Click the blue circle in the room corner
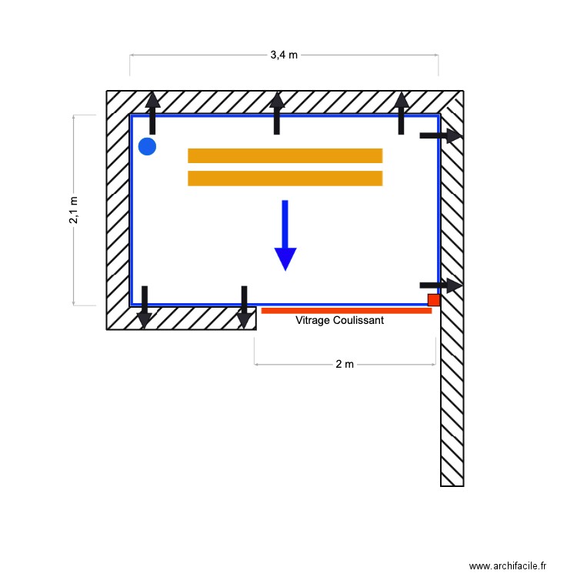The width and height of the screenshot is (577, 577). coord(147,146)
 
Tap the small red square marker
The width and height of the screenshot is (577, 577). coord(434,300)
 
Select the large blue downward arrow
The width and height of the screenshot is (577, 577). coord(285,235)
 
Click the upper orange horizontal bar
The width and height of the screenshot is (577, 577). coord(285,155)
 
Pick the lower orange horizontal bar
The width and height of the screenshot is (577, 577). coord(285,178)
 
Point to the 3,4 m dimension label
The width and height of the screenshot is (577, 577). coord(284,55)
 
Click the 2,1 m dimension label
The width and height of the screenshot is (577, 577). coord(74,209)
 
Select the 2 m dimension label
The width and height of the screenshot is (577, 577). coord(345,364)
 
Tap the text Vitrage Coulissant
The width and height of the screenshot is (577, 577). coord(339,320)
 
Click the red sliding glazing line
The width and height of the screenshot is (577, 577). coord(346,311)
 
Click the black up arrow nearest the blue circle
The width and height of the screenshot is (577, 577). coord(152,112)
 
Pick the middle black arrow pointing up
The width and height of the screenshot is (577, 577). coord(277,112)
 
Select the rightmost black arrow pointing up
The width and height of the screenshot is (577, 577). coord(401,112)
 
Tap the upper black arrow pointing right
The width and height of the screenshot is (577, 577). coord(440,136)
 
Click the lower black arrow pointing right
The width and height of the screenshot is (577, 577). coord(440,285)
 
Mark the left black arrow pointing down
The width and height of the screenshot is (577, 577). coord(144,307)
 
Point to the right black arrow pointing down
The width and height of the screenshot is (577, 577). coord(244,307)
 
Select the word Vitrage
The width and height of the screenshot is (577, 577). coord(313,320)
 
